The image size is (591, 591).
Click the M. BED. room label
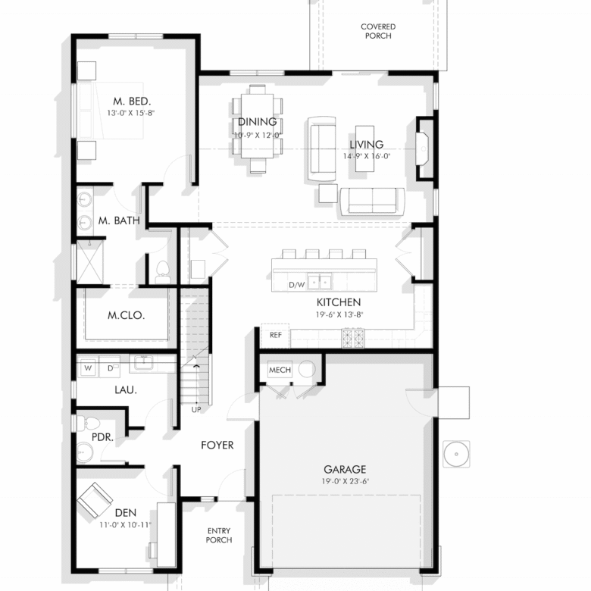(132, 101)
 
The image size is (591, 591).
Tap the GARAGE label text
(345, 469)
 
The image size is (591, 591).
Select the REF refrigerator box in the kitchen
(276, 336)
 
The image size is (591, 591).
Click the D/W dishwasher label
(296, 285)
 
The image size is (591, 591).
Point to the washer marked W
(88, 367)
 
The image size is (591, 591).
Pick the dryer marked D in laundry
(110, 367)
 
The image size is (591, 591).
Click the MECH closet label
(280, 370)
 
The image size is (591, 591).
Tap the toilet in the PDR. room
(87, 424)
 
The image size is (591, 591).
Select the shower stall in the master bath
(89, 262)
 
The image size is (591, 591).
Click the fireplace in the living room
(423, 149)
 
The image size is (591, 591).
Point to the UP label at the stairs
(196, 410)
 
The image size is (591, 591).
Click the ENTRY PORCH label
(219, 535)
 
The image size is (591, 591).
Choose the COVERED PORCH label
(378, 31)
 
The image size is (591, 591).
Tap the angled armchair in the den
(95, 500)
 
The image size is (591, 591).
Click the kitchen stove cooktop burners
(353, 338)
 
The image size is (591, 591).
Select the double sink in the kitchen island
(320, 281)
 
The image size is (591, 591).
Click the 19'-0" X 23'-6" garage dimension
(346, 481)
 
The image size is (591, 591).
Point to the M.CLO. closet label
(127, 315)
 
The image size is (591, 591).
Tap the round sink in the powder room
(84, 452)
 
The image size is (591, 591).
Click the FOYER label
(217, 445)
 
